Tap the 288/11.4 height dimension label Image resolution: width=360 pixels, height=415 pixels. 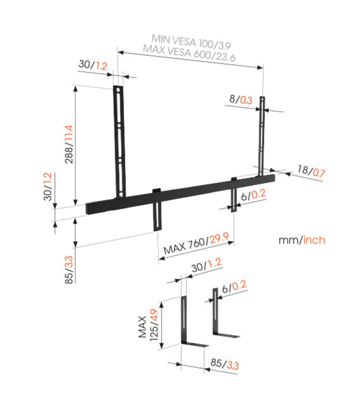(x=69, y=146)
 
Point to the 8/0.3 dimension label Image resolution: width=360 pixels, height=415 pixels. (x=240, y=100)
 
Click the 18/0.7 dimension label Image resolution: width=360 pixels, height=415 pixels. (x=311, y=173)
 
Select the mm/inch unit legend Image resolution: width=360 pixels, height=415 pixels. (x=302, y=240)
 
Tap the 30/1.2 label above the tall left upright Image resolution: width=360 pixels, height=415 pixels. (x=93, y=65)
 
